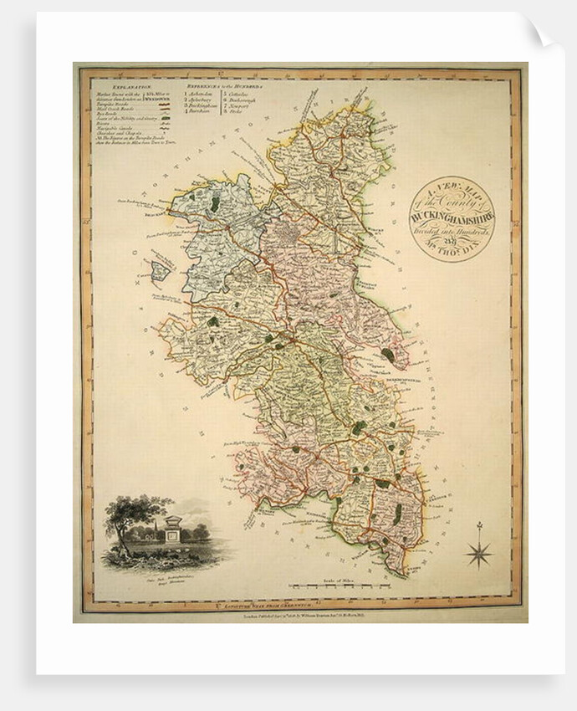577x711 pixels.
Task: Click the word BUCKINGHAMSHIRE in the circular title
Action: [452, 216]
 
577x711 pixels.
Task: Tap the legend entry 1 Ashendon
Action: [201, 94]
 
